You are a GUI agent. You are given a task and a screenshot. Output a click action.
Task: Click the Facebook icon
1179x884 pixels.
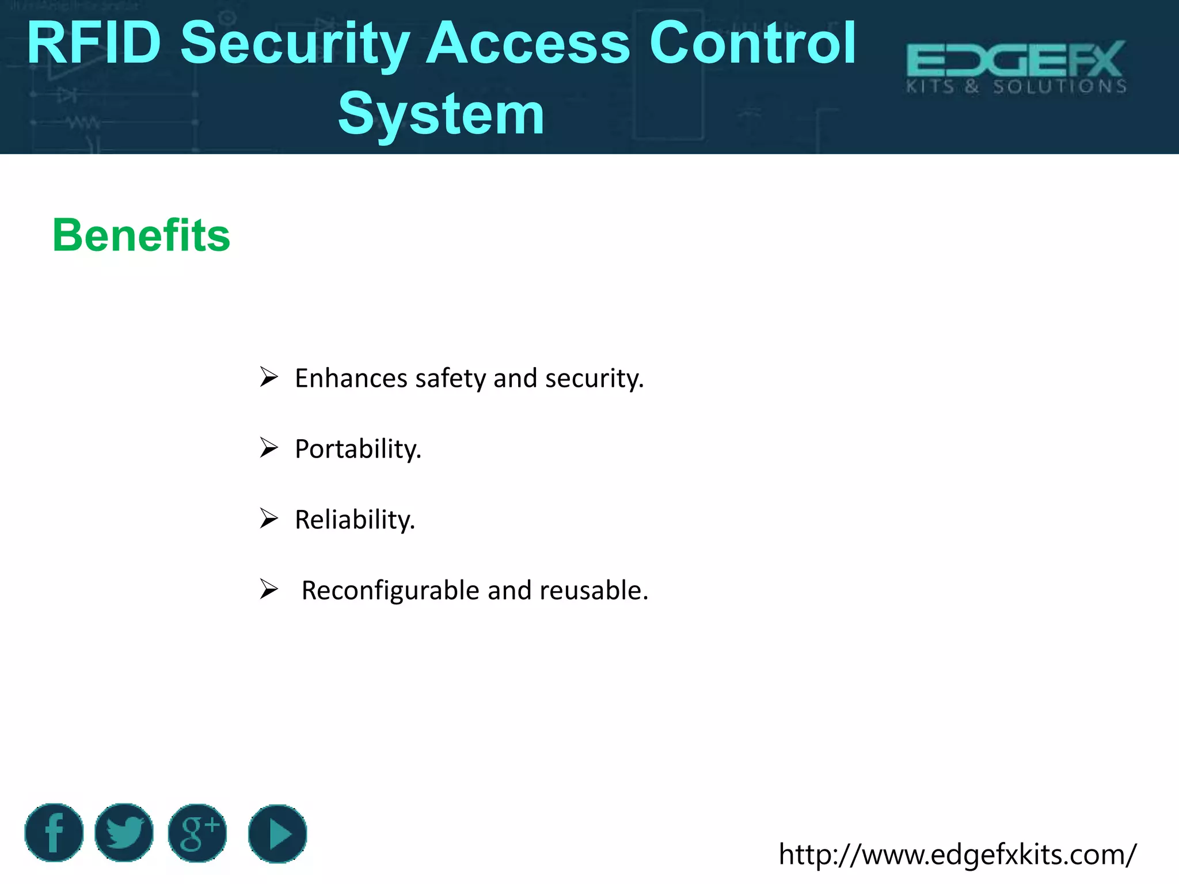tap(54, 833)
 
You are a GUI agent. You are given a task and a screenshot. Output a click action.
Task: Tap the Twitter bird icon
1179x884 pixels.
tap(124, 833)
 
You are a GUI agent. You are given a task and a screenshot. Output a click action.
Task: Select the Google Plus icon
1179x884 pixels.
tap(197, 833)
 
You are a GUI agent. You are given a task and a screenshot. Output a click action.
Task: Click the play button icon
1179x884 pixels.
tap(277, 834)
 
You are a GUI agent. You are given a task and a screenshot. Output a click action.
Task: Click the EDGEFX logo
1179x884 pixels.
tap(1016, 67)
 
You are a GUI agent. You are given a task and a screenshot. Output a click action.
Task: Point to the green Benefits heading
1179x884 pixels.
tap(141, 235)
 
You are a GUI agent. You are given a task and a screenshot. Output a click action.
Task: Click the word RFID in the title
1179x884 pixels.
tap(94, 43)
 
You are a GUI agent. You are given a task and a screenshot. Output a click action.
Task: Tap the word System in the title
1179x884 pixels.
tap(441, 114)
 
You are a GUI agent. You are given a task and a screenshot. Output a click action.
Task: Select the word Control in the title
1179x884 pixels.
tap(753, 43)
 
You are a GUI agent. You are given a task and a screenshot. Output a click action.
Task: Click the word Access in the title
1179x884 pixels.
tap(528, 43)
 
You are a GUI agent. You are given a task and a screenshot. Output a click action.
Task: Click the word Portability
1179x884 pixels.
tap(358, 449)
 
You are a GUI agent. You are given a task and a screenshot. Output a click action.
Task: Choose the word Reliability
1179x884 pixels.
tap(355, 520)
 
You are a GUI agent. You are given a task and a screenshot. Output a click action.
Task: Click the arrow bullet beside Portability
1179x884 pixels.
tap(268, 448)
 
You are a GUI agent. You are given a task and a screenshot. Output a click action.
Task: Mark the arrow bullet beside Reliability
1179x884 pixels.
tap(268, 519)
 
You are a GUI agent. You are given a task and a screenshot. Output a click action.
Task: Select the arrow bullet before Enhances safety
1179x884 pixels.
tap(268, 377)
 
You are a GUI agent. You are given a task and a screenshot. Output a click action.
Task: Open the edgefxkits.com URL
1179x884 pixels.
tap(957, 854)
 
